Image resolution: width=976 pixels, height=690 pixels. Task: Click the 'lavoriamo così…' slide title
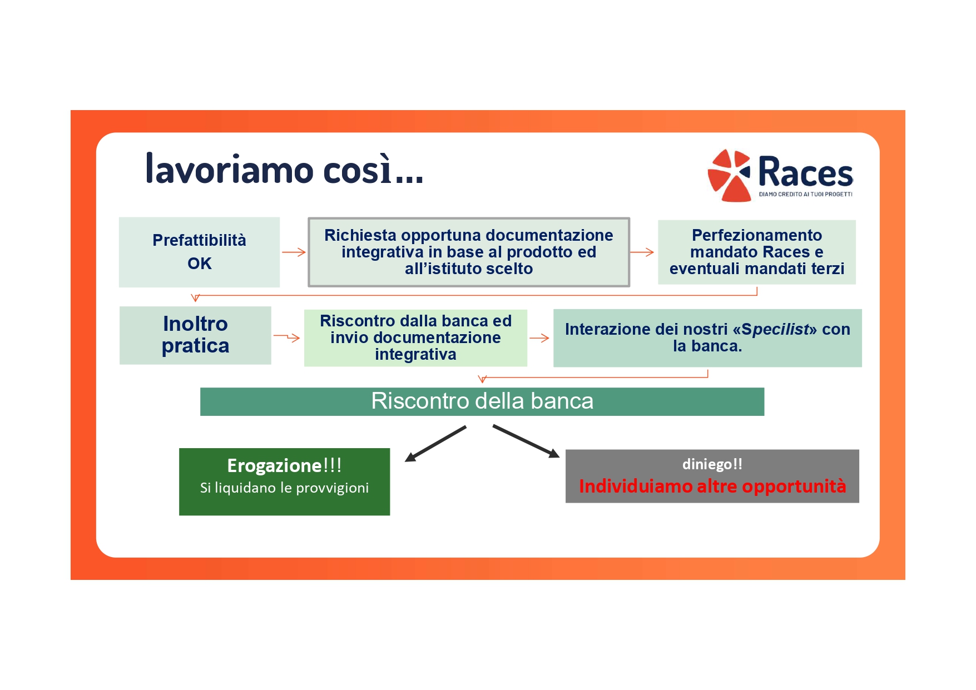point(284,169)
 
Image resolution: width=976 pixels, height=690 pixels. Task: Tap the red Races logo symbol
point(729,175)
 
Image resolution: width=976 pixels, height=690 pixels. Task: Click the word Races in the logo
point(805,172)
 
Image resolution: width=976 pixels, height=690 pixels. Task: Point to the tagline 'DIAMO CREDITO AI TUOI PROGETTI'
point(805,194)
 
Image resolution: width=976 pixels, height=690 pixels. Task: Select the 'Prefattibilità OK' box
point(199,252)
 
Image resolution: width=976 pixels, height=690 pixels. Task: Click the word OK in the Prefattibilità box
point(200,264)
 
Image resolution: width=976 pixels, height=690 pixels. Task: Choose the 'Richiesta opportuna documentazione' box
point(469,252)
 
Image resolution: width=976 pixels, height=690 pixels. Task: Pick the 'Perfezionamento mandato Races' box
point(757,252)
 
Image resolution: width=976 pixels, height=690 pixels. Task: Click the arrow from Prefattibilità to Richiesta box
point(294,252)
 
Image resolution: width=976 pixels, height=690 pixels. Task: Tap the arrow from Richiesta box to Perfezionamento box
point(642,252)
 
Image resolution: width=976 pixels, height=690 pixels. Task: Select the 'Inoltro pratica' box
point(195,335)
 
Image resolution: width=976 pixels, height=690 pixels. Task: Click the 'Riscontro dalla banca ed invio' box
point(415,337)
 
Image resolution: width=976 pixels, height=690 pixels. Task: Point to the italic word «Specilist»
point(775,329)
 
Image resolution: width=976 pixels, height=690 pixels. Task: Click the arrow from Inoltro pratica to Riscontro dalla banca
point(286,337)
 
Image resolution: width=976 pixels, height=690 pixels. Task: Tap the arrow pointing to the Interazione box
point(539,337)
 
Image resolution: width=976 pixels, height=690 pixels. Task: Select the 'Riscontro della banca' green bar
point(482,401)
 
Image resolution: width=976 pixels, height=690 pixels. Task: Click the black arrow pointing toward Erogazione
point(435,444)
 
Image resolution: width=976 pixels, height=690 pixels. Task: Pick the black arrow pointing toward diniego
point(526,441)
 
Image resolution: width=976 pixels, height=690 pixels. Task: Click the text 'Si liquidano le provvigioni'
point(284,488)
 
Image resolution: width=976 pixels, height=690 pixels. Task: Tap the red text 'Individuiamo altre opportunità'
point(712,486)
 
